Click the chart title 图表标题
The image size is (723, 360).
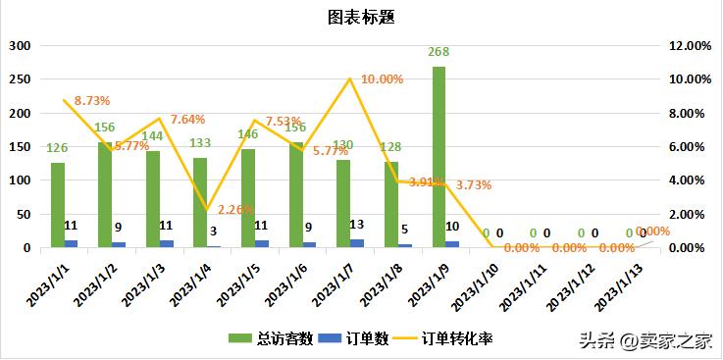point(361,17)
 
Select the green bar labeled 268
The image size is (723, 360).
point(439,157)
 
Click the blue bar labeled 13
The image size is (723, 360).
point(356,243)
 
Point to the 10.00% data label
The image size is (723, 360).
point(383,79)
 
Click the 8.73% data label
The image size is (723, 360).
point(91,100)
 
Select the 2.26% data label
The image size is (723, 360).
point(235,209)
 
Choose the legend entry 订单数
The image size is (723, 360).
point(363,339)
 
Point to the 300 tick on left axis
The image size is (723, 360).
point(21,46)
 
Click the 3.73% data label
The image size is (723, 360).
point(474,184)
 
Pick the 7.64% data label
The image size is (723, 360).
point(187,120)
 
